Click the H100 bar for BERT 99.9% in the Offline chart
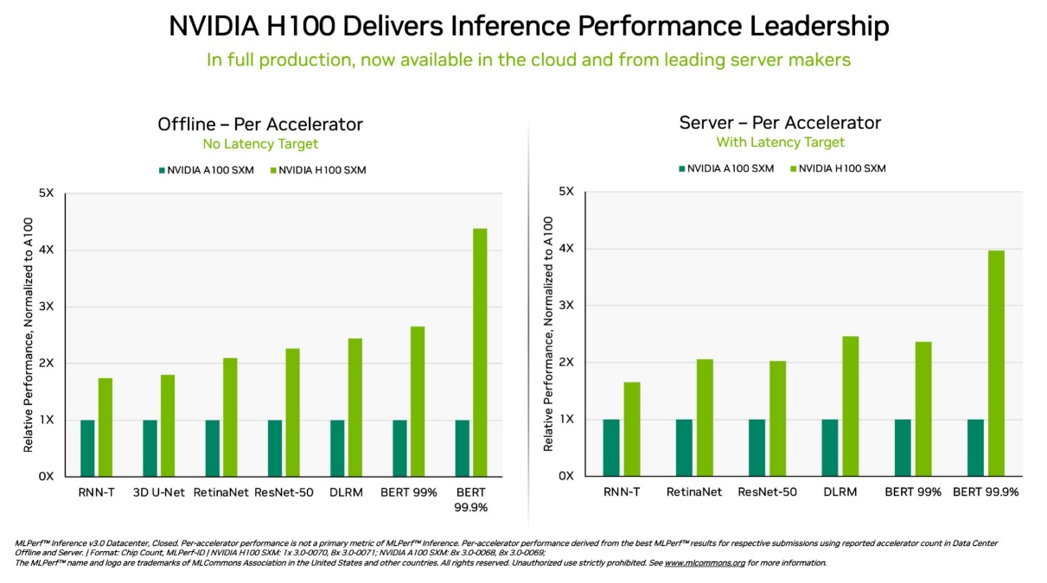pyautogui.click(x=480, y=352)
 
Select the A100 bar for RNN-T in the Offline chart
pyautogui.click(x=87, y=448)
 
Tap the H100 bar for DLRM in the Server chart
pyautogui.click(x=851, y=406)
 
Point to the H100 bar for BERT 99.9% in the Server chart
pyautogui.click(x=996, y=363)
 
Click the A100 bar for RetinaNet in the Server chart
pyautogui.click(x=684, y=447)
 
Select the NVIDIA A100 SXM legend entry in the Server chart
pyautogui.click(x=725, y=168)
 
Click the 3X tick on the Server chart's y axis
pyautogui.click(x=567, y=306)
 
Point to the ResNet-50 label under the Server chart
pyautogui.click(x=767, y=492)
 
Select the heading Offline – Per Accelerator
pyautogui.click(x=260, y=124)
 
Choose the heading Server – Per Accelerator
pyautogui.click(x=780, y=123)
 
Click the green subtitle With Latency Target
pyautogui.click(x=780, y=143)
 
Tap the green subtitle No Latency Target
pyautogui.click(x=260, y=144)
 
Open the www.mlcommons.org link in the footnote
pyautogui.click(x=704, y=563)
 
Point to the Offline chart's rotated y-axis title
pyautogui.click(x=29, y=333)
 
